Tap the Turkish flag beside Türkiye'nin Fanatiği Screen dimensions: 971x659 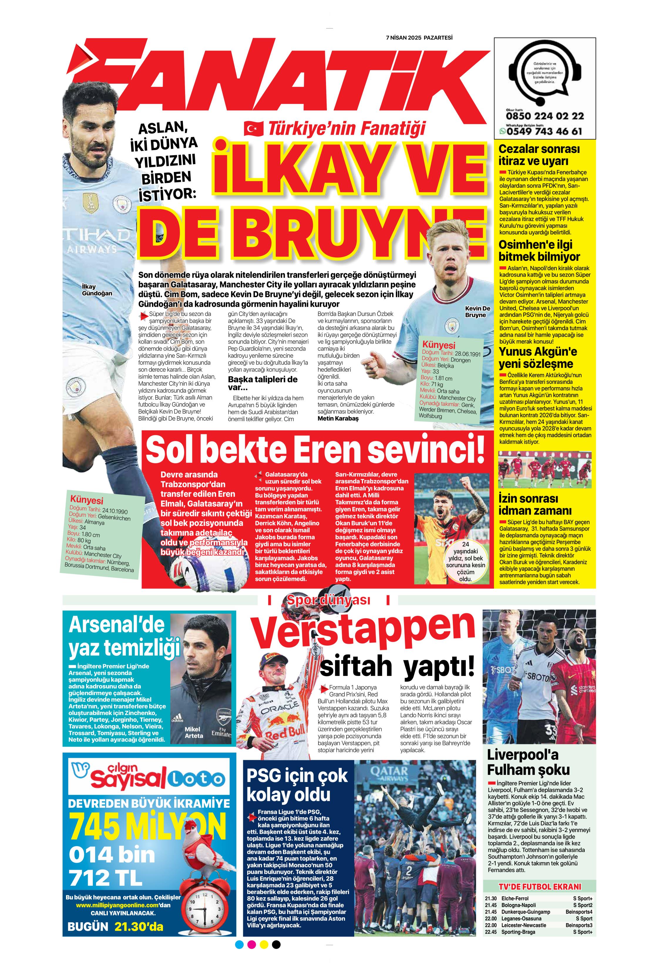point(254,129)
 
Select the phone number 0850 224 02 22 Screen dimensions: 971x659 point(544,116)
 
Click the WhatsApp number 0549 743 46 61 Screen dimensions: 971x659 point(544,131)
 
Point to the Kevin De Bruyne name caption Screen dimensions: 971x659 point(477,311)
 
